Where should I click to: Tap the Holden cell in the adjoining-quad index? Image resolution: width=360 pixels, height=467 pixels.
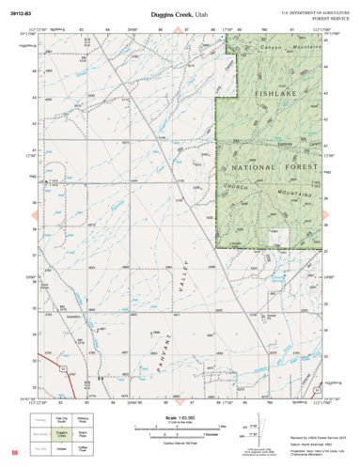click(64, 448)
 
